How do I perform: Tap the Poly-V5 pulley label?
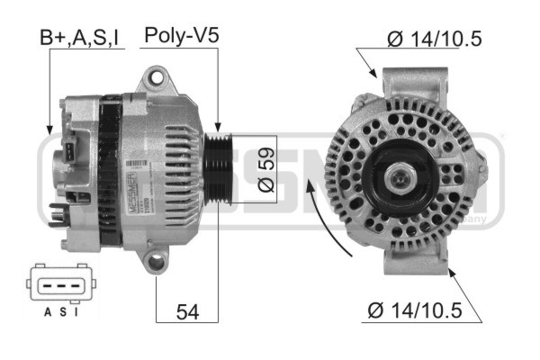(181, 36)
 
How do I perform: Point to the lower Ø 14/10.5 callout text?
(414, 310)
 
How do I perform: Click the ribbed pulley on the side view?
(216, 166)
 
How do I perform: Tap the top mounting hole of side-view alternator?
(159, 81)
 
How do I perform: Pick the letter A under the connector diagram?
(47, 312)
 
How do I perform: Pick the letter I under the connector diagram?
(76, 312)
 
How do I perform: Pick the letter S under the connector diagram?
(61, 312)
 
